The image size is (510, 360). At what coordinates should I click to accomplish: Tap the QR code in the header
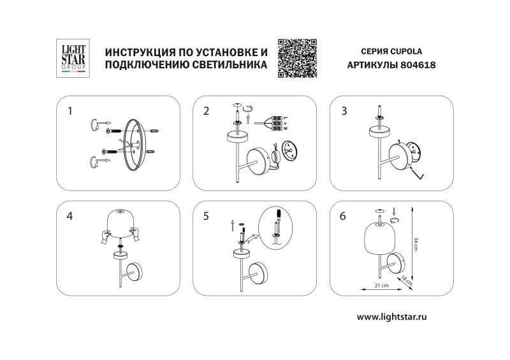tap(298, 58)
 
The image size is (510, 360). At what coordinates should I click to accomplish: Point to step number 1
tap(70, 111)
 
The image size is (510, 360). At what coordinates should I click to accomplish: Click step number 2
tap(206, 111)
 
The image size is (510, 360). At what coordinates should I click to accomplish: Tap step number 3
tap(344, 111)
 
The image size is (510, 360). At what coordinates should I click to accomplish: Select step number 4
tap(70, 216)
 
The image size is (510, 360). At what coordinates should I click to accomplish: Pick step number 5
tap(206, 216)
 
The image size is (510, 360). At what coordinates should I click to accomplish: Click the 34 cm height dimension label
tap(416, 244)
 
